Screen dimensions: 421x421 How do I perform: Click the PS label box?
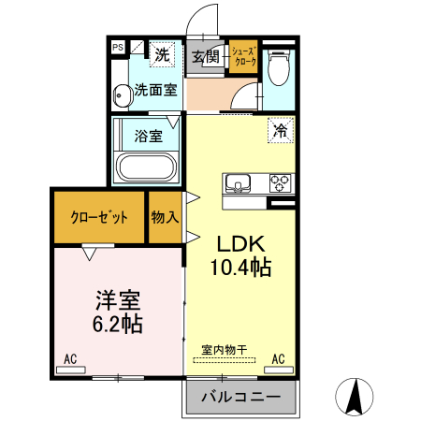pos(118,46)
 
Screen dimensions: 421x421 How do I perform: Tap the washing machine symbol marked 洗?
pos(163,55)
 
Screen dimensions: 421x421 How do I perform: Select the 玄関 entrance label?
pos(206,56)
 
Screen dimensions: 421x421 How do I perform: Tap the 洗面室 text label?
pos(155,91)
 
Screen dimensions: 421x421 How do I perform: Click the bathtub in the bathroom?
pos(145,168)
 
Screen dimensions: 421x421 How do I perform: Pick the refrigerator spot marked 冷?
pos(280,132)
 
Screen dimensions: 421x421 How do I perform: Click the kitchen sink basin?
pos(237,182)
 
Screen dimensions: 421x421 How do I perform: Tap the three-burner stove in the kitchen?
pos(282,182)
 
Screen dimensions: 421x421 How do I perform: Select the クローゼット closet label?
pos(99,218)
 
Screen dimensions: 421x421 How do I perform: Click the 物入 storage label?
pos(166,218)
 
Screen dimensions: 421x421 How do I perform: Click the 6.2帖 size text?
pos(117,325)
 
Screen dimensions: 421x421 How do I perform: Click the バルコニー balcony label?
pos(240,398)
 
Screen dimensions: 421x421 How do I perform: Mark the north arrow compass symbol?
pos(357,397)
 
